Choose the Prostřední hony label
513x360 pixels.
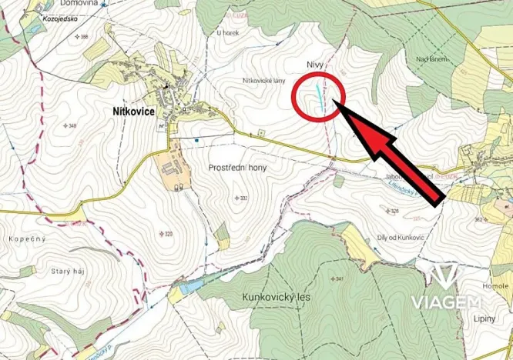238,167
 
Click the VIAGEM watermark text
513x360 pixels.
446,301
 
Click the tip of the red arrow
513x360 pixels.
340,107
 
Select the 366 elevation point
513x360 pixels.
83,37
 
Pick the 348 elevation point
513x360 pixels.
71,125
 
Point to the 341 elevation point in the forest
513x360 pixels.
337,278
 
